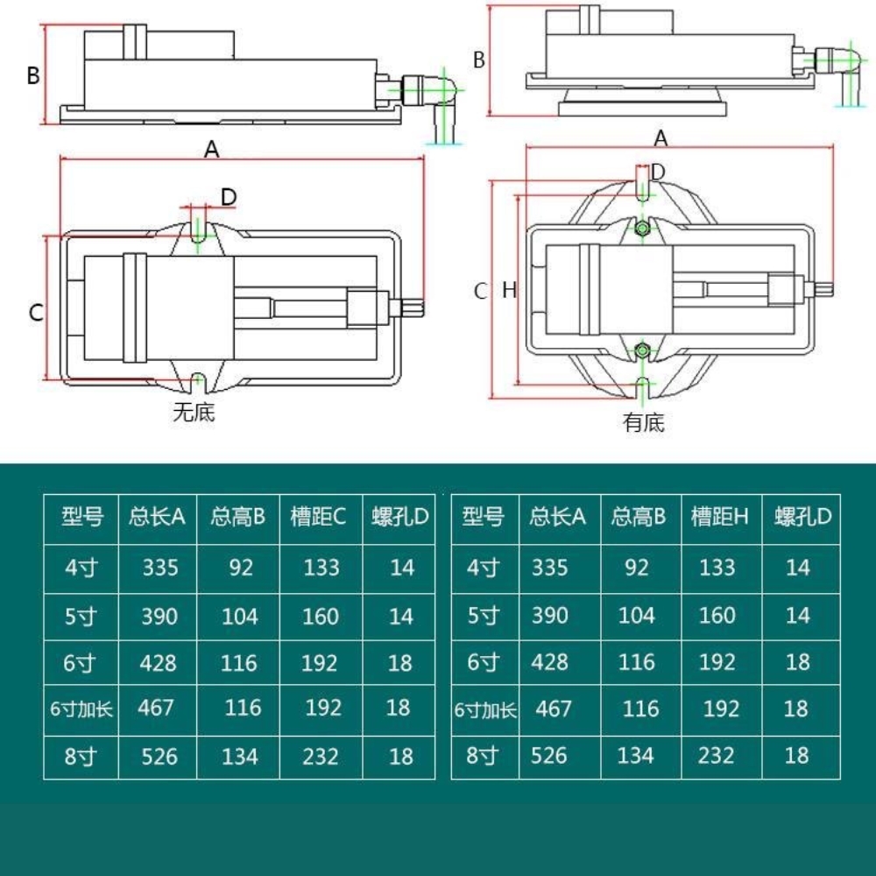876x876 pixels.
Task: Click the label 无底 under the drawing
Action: point(194,412)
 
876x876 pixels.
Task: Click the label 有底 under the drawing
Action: point(644,423)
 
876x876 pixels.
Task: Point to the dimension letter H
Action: point(510,291)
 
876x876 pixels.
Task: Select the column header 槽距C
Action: point(319,517)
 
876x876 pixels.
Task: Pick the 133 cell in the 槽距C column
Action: point(321,568)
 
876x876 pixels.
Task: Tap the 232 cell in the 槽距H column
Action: point(717,754)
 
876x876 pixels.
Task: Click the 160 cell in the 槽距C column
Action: point(321,617)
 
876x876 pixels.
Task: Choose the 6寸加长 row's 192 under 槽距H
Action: point(721,708)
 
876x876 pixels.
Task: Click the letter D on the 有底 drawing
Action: point(659,170)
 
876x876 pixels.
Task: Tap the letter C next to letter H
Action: point(480,291)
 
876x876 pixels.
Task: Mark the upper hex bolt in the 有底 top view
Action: point(643,229)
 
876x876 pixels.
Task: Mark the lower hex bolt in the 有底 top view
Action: point(643,350)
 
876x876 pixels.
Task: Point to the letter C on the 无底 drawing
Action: point(36,312)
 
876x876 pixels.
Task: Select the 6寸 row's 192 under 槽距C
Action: point(320,662)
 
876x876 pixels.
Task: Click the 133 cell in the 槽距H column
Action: point(717,568)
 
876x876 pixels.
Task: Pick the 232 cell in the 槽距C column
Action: point(321,755)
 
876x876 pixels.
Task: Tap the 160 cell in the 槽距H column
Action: point(717,616)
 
